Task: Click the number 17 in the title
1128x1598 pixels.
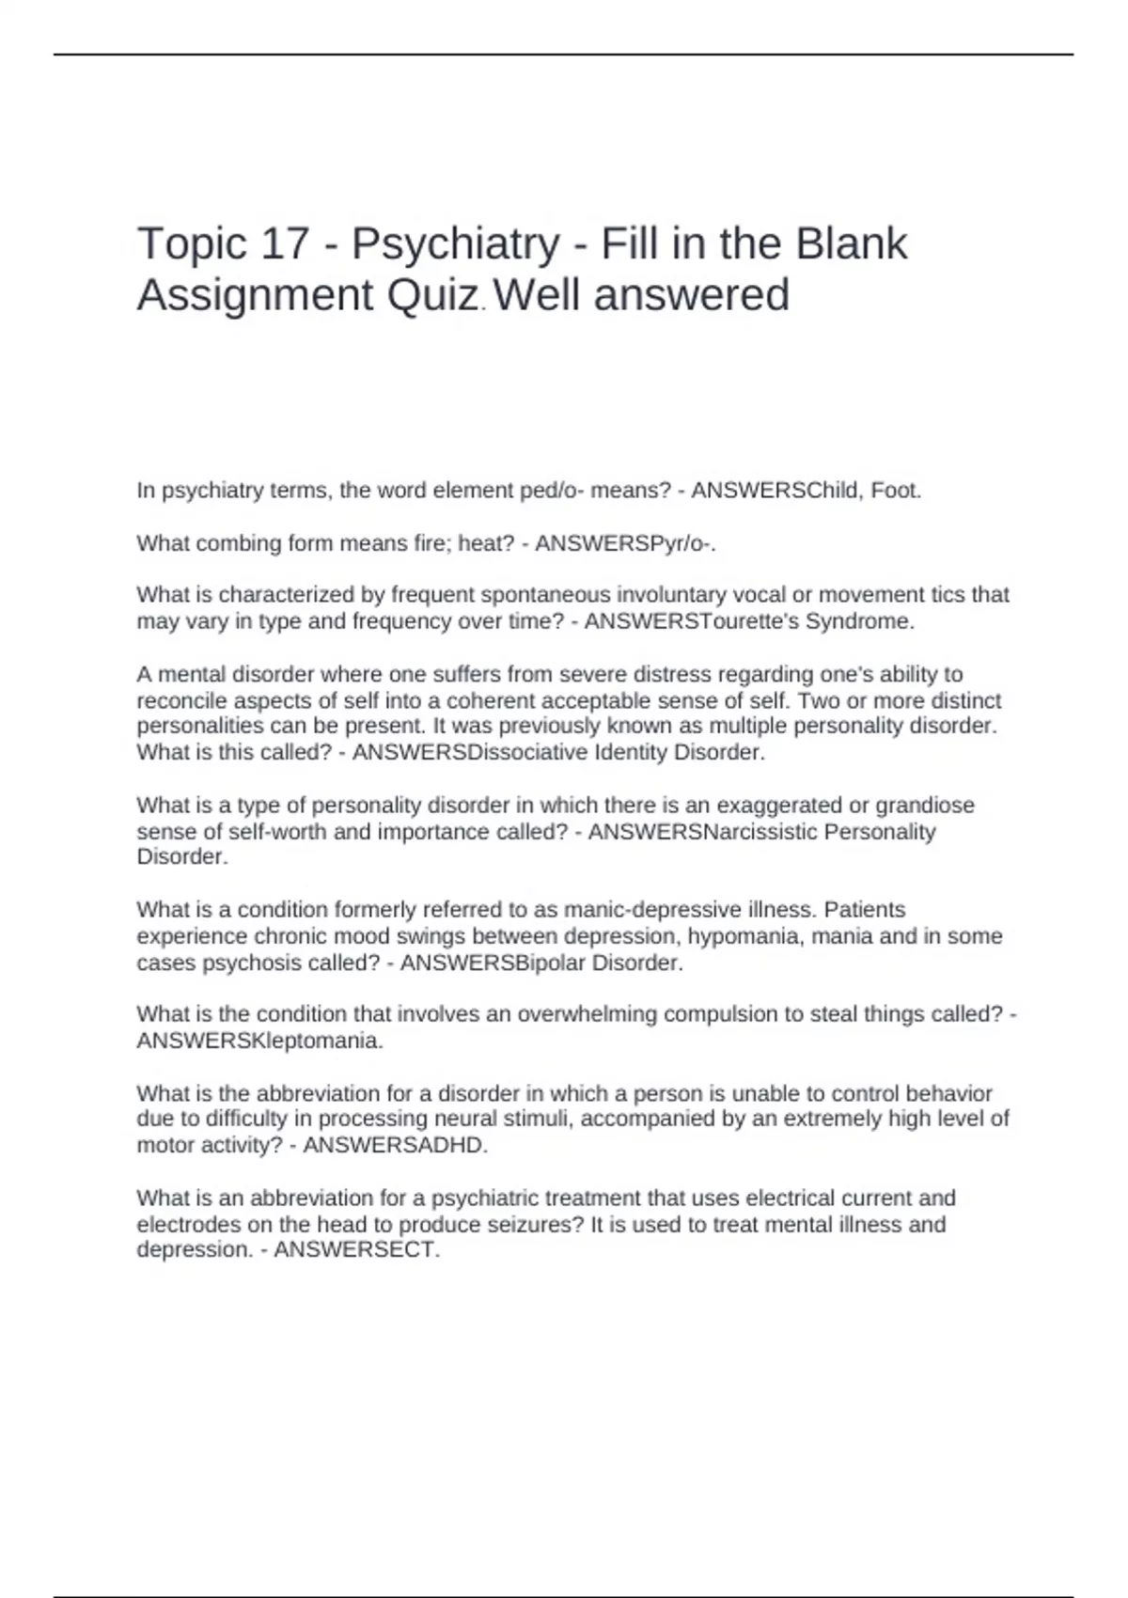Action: tap(286, 244)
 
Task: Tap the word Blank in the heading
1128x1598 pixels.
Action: tap(852, 244)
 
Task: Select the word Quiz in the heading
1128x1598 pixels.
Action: tap(431, 297)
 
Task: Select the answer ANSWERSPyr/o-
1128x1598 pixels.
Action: tap(625, 544)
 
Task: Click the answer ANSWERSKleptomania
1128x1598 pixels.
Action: tap(259, 1042)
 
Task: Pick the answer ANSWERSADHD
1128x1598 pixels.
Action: tap(396, 1145)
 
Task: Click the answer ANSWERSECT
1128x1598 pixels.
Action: tap(356, 1250)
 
